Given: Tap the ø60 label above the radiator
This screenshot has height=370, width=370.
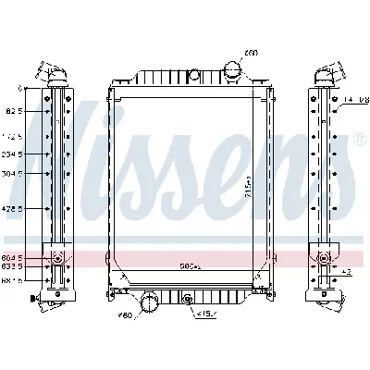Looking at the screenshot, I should click(x=251, y=52).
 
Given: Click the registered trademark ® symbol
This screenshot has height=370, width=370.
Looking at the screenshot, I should click(x=356, y=139).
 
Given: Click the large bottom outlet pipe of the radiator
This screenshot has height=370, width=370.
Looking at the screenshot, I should click(x=148, y=302).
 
